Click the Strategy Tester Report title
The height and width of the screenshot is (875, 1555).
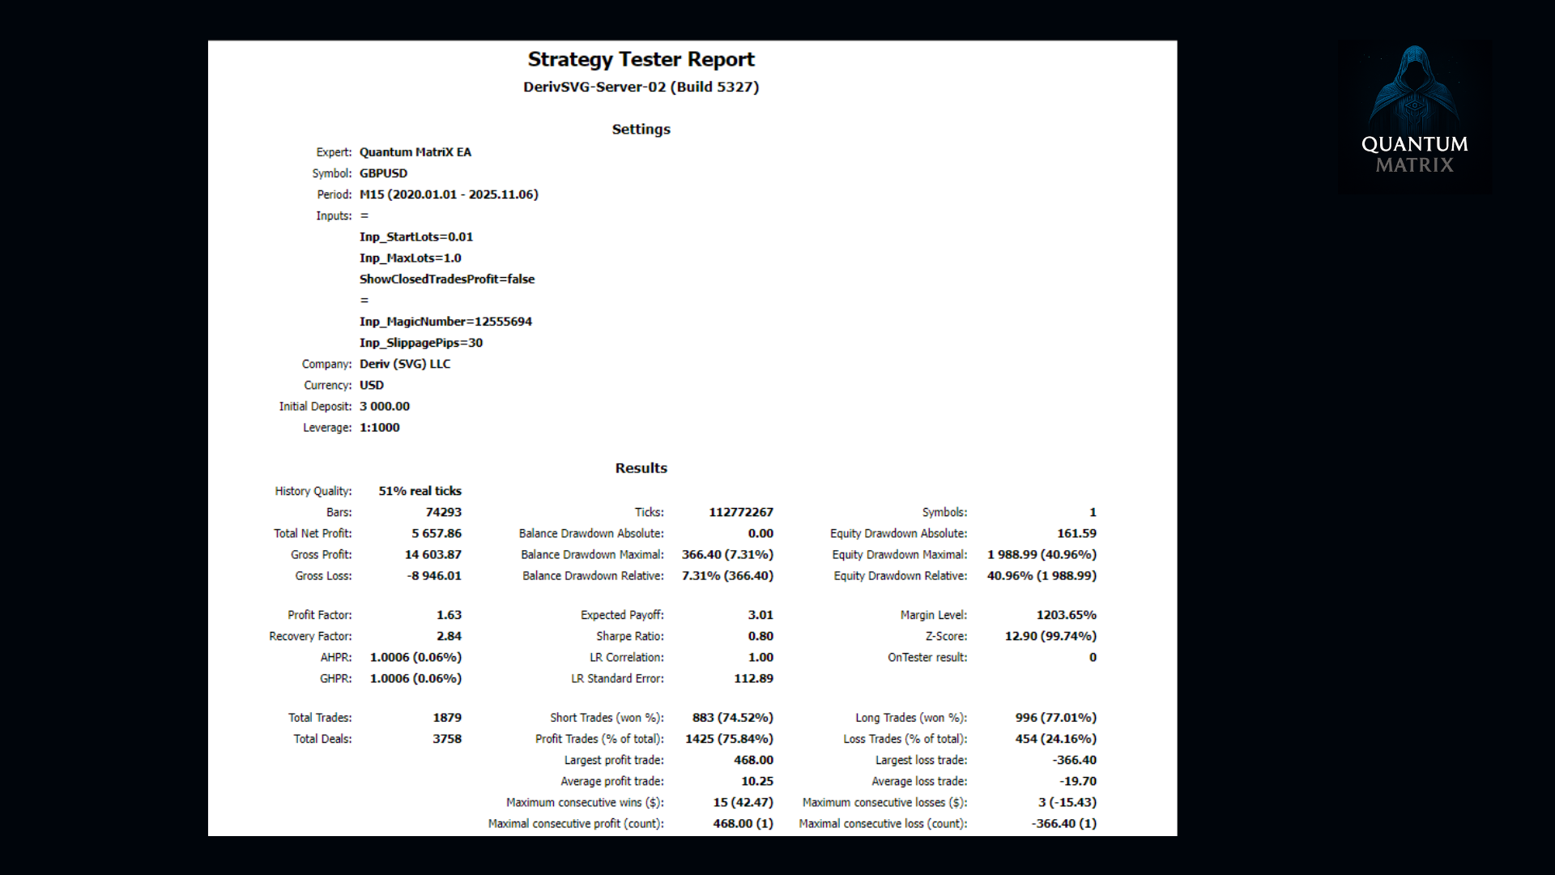point(641,59)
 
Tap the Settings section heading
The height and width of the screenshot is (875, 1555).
point(641,129)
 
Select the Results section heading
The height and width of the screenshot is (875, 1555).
point(641,467)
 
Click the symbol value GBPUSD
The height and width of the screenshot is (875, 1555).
point(383,173)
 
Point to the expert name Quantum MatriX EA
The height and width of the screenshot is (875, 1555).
point(415,152)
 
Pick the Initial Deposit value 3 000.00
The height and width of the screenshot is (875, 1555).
point(385,407)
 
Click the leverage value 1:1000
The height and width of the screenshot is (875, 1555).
point(379,428)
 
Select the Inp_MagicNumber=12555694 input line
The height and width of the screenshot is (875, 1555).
point(445,322)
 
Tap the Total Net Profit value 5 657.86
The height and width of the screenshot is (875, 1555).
point(436,534)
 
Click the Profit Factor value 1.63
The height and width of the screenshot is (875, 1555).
point(449,615)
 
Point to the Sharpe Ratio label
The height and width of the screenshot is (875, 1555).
point(629,637)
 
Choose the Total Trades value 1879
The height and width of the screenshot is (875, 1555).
point(446,718)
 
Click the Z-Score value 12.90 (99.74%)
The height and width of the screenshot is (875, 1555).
point(1050,637)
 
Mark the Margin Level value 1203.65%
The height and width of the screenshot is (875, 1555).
point(1066,615)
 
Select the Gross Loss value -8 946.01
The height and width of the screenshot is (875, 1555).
point(433,576)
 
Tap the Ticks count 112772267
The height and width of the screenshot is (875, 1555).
point(740,513)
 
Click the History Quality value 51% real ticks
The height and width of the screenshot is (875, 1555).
point(420,491)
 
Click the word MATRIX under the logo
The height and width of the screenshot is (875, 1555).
point(1414,165)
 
